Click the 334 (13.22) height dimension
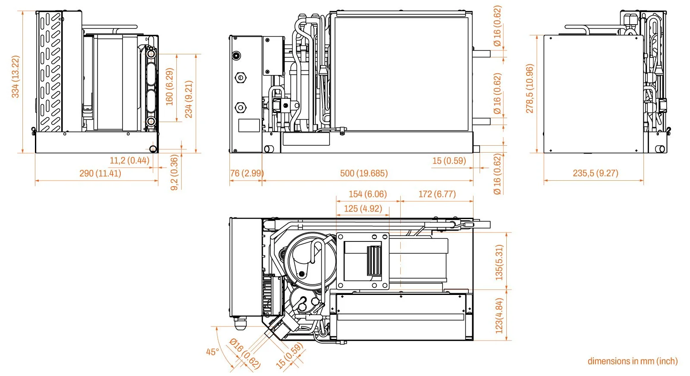(x=15, y=77)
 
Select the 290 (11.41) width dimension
(x=100, y=173)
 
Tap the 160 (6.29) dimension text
(x=169, y=87)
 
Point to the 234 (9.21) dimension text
(x=188, y=99)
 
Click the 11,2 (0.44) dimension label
(x=129, y=161)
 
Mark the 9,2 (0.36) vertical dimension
(x=174, y=173)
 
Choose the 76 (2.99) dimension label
(x=247, y=173)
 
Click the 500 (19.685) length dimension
(x=364, y=173)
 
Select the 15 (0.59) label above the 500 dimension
(x=449, y=161)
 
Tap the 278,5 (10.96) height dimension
(x=530, y=88)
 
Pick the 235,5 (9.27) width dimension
(x=595, y=173)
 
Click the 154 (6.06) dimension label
(x=367, y=194)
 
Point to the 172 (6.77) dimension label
(x=437, y=194)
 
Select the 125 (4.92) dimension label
(x=363, y=209)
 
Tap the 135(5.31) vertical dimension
(x=499, y=263)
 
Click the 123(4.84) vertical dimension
(x=499, y=316)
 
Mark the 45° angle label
(x=212, y=352)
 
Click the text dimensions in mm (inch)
(x=632, y=361)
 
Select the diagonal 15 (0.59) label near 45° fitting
(x=289, y=356)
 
